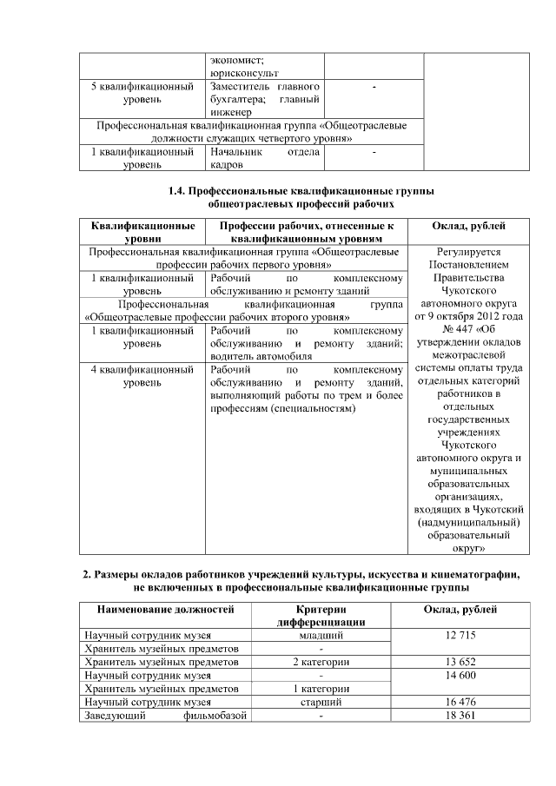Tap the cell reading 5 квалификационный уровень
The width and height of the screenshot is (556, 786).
click(x=142, y=94)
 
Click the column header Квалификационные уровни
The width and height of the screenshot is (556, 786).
click(x=142, y=232)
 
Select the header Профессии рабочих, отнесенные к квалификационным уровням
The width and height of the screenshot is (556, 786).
click(x=307, y=232)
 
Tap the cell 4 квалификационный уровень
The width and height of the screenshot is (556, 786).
click(x=142, y=375)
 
